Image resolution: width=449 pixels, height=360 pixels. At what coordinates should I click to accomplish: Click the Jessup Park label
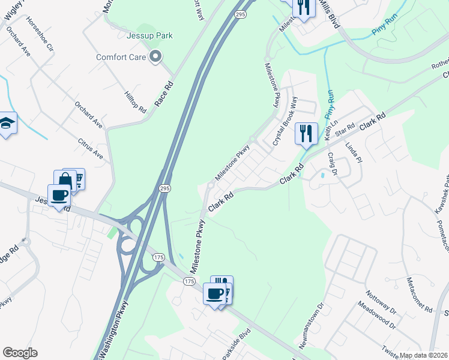[149, 35]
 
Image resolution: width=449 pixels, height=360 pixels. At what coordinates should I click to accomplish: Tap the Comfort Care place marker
[156, 58]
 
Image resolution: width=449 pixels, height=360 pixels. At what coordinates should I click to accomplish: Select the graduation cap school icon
[6, 124]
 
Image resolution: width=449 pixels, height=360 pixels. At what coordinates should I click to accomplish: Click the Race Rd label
[164, 94]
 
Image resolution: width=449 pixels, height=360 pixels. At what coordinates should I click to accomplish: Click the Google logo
[20, 353]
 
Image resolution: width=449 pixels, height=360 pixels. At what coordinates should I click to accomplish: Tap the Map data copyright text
[423, 355]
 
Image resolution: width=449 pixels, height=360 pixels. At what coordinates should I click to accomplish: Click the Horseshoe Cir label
[41, 34]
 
